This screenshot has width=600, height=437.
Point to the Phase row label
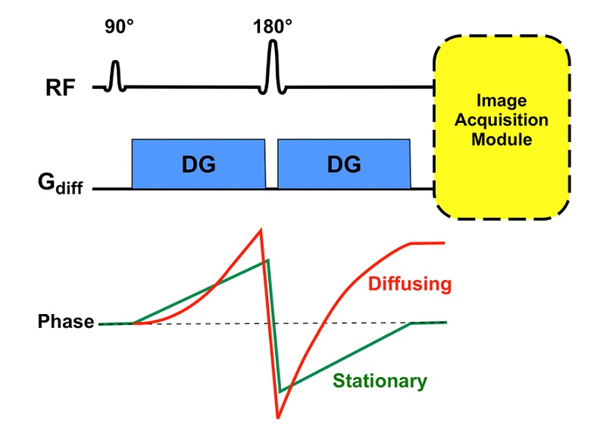point(66,322)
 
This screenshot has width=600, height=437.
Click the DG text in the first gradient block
point(198,164)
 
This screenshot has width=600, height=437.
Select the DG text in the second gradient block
point(344,164)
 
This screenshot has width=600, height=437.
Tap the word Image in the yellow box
point(502,101)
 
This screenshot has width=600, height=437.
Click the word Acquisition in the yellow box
point(502,121)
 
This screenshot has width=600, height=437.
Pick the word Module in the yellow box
point(502,140)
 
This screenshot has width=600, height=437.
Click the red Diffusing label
point(409,285)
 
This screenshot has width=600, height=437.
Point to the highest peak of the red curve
point(261,229)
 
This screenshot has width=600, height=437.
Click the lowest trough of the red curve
point(279,417)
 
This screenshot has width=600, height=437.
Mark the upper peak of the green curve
point(267,261)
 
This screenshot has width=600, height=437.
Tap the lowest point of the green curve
point(280,391)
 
